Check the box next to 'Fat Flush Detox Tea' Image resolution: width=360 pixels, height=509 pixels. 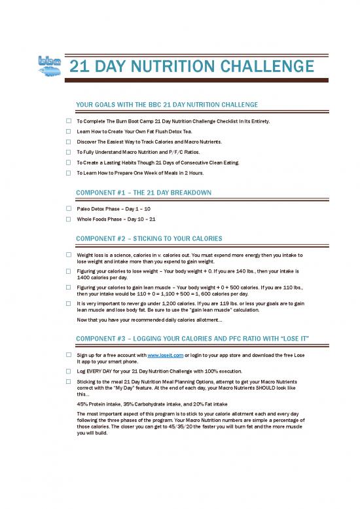pos(68,132)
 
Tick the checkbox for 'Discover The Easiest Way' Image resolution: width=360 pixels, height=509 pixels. pos(68,141)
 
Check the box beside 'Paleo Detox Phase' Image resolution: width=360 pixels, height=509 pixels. pos(68,208)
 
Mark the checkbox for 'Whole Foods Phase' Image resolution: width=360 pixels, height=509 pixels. pos(68,219)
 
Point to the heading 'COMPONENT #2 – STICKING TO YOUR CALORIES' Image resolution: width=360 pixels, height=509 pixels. pos(150,237)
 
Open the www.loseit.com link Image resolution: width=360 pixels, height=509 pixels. pos(162,354)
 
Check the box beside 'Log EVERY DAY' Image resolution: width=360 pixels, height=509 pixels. pos(68,370)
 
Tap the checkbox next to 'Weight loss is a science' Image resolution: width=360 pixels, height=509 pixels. pos(68,254)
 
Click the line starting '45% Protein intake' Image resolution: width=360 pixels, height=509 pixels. pos(152,404)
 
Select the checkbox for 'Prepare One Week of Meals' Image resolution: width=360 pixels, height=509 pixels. pos(68,173)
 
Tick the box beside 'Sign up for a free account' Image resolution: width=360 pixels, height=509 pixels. pos(68,354)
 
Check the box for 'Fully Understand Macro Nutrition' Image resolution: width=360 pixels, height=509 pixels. pos(68,152)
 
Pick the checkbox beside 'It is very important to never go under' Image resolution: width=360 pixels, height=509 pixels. pos(68,304)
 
